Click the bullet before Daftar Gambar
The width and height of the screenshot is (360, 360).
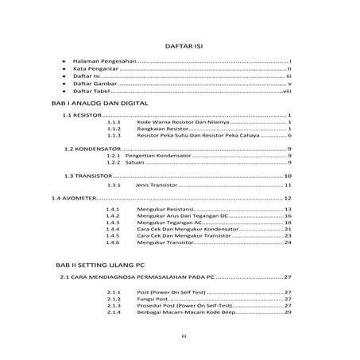tap(63, 82)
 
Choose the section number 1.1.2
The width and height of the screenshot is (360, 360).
tap(113, 130)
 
